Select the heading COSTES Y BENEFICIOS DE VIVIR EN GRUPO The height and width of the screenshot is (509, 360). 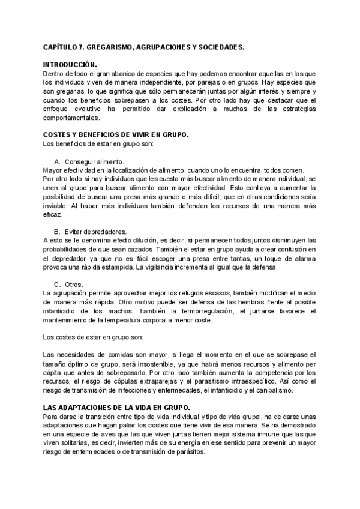point(116,136)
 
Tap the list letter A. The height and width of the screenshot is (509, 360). point(57,162)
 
